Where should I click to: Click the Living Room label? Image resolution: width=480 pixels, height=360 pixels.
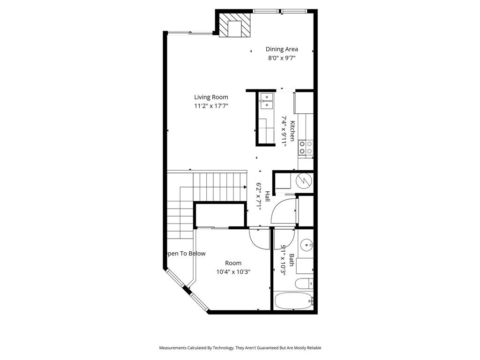pyautogui.click(x=211, y=97)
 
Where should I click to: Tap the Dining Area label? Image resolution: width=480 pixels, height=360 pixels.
pyautogui.click(x=282, y=49)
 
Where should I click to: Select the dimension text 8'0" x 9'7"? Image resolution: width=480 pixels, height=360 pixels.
pyautogui.click(x=282, y=58)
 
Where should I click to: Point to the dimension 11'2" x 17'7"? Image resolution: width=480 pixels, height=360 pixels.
pyautogui.click(x=211, y=106)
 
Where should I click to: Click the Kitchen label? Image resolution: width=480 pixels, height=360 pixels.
pyautogui.click(x=292, y=131)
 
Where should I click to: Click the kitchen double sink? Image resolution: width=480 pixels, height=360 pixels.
pyautogui.click(x=266, y=101)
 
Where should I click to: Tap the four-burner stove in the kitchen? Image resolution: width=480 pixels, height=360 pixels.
pyautogui.click(x=306, y=148)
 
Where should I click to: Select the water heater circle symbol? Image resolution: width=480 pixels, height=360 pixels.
pyautogui.click(x=304, y=180)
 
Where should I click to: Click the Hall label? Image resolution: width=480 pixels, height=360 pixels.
pyautogui.click(x=267, y=196)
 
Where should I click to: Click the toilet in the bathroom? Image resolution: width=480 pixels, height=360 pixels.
pyautogui.click(x=304, y=283)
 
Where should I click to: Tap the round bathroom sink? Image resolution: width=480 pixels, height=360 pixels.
pyautogui.click(x=306, y=244)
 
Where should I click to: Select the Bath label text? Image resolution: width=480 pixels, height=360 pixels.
pyautogui.click(x=292, y=260)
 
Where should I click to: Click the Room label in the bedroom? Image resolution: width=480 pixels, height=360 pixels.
pyautogui.click(x=233, y=263)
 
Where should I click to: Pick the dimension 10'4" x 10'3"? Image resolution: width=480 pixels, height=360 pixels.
pyautogui.click(x=233, y=272)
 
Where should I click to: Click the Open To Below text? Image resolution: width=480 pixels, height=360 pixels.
pyautogui.click(x=186, y=254)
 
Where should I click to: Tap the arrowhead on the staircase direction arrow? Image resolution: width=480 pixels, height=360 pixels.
pyautogui.click(x=245, y=187)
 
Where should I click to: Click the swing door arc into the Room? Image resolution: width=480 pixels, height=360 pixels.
pyautogui.click(x=258, y=239)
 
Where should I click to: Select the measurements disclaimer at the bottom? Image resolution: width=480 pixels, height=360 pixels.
pyautogui.click(x=240, y=348)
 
